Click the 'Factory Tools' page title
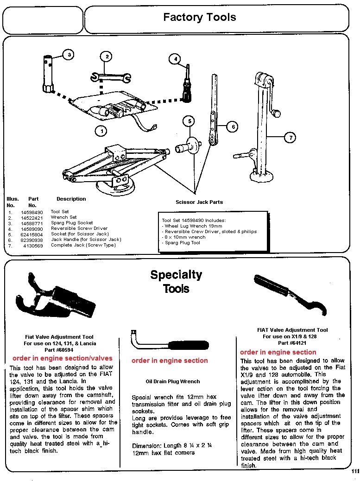tap(199, 18)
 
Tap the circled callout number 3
tap(69, 55)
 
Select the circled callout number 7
tap(291, 137)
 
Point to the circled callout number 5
tap(188, 121)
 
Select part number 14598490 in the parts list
tap(32, 212)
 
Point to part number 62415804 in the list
tap(32, 234)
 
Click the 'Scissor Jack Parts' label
tap(199, 202)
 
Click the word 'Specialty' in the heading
tap(176, 275)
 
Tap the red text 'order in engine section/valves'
tap(62, 358)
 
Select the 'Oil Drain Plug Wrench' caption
tap(173, 381)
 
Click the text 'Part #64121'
tap(292, 343)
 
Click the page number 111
tap(355, 471)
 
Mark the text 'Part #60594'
tap(59, 350)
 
